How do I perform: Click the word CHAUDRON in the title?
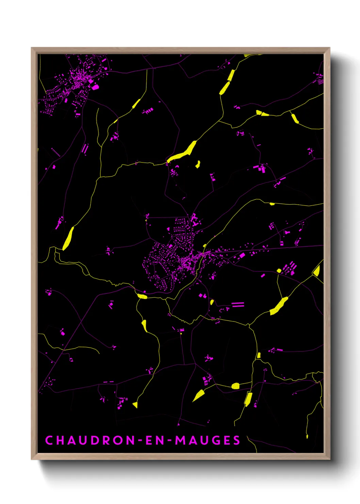(90, 440)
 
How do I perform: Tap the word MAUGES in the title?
(208, 440)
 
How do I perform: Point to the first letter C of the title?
(49, 440)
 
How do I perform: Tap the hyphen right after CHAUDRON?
(140, 440)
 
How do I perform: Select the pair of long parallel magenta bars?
(238, 304)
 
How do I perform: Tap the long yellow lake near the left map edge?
(68, 238)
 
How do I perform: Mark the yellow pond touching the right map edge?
(317, 271)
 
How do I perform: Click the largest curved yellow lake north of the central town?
(183, 153)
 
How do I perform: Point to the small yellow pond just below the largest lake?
(197, 164)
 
